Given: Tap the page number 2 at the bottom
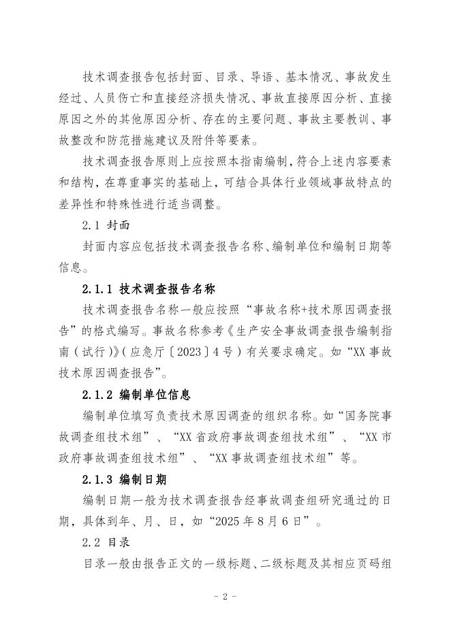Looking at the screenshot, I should pos(225,596).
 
